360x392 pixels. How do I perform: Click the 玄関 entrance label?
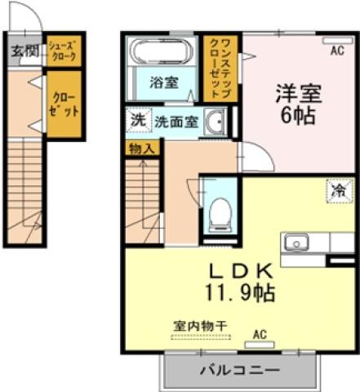point(24,51)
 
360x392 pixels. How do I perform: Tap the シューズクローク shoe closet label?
point(63,52)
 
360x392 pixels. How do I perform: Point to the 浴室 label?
point(163,82)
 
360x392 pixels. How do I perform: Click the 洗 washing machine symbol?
point(137,119)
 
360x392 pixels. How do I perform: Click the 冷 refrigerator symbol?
point(339,190)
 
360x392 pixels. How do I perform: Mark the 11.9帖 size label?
point(238,292)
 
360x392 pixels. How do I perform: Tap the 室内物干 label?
point(199,324)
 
